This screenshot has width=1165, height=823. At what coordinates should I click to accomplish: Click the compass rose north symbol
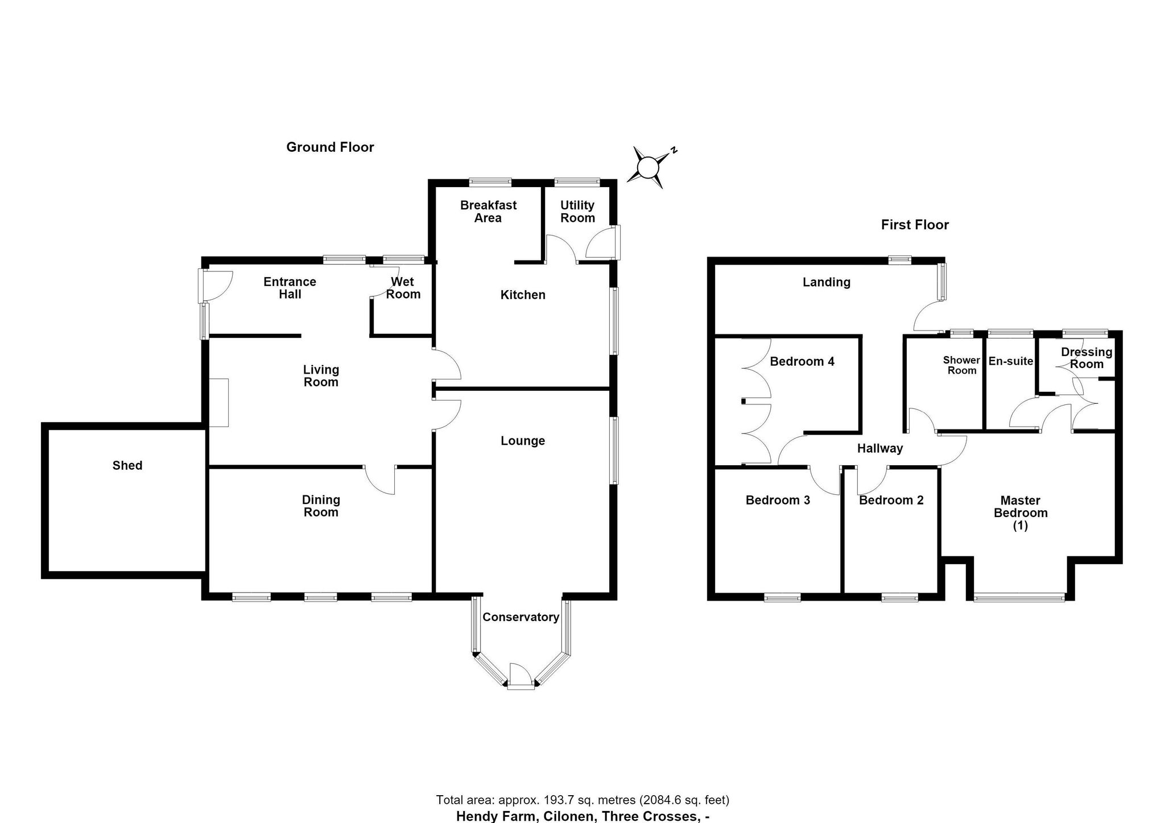coord(651,167)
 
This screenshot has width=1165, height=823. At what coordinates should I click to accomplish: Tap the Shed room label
coord(127,465)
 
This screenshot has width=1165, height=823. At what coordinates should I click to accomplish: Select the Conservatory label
coord(520,617)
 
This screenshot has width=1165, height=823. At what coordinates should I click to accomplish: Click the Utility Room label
coord(577,211)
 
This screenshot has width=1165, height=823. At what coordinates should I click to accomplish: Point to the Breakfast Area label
coord(488,211)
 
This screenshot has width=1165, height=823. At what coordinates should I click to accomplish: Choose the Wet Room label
coord(403,288)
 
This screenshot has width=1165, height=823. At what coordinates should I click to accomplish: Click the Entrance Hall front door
coord(216,286)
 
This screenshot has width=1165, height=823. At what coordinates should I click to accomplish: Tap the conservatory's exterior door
coord(520,677)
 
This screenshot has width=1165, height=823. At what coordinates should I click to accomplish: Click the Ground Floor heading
coord(330,147)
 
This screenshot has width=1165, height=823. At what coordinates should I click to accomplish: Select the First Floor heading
coord(915,225)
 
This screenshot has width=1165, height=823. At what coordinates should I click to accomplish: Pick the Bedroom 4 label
coord(802,361)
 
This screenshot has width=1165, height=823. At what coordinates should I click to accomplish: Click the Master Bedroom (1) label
coord(1021,513)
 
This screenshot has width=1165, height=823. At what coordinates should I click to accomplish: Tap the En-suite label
coord(1011,361)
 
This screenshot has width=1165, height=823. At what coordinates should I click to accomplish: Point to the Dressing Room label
coord(1086,358)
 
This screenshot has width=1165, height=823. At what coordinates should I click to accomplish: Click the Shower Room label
coord(961,365)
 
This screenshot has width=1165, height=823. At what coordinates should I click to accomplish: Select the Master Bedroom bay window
coord(1019,597)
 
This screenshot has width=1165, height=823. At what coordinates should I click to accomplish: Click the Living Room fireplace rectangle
coord(219,403)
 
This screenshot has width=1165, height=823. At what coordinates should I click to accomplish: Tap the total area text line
coord(582,800)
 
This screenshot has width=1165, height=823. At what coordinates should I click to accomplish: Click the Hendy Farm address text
coord(582,816)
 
